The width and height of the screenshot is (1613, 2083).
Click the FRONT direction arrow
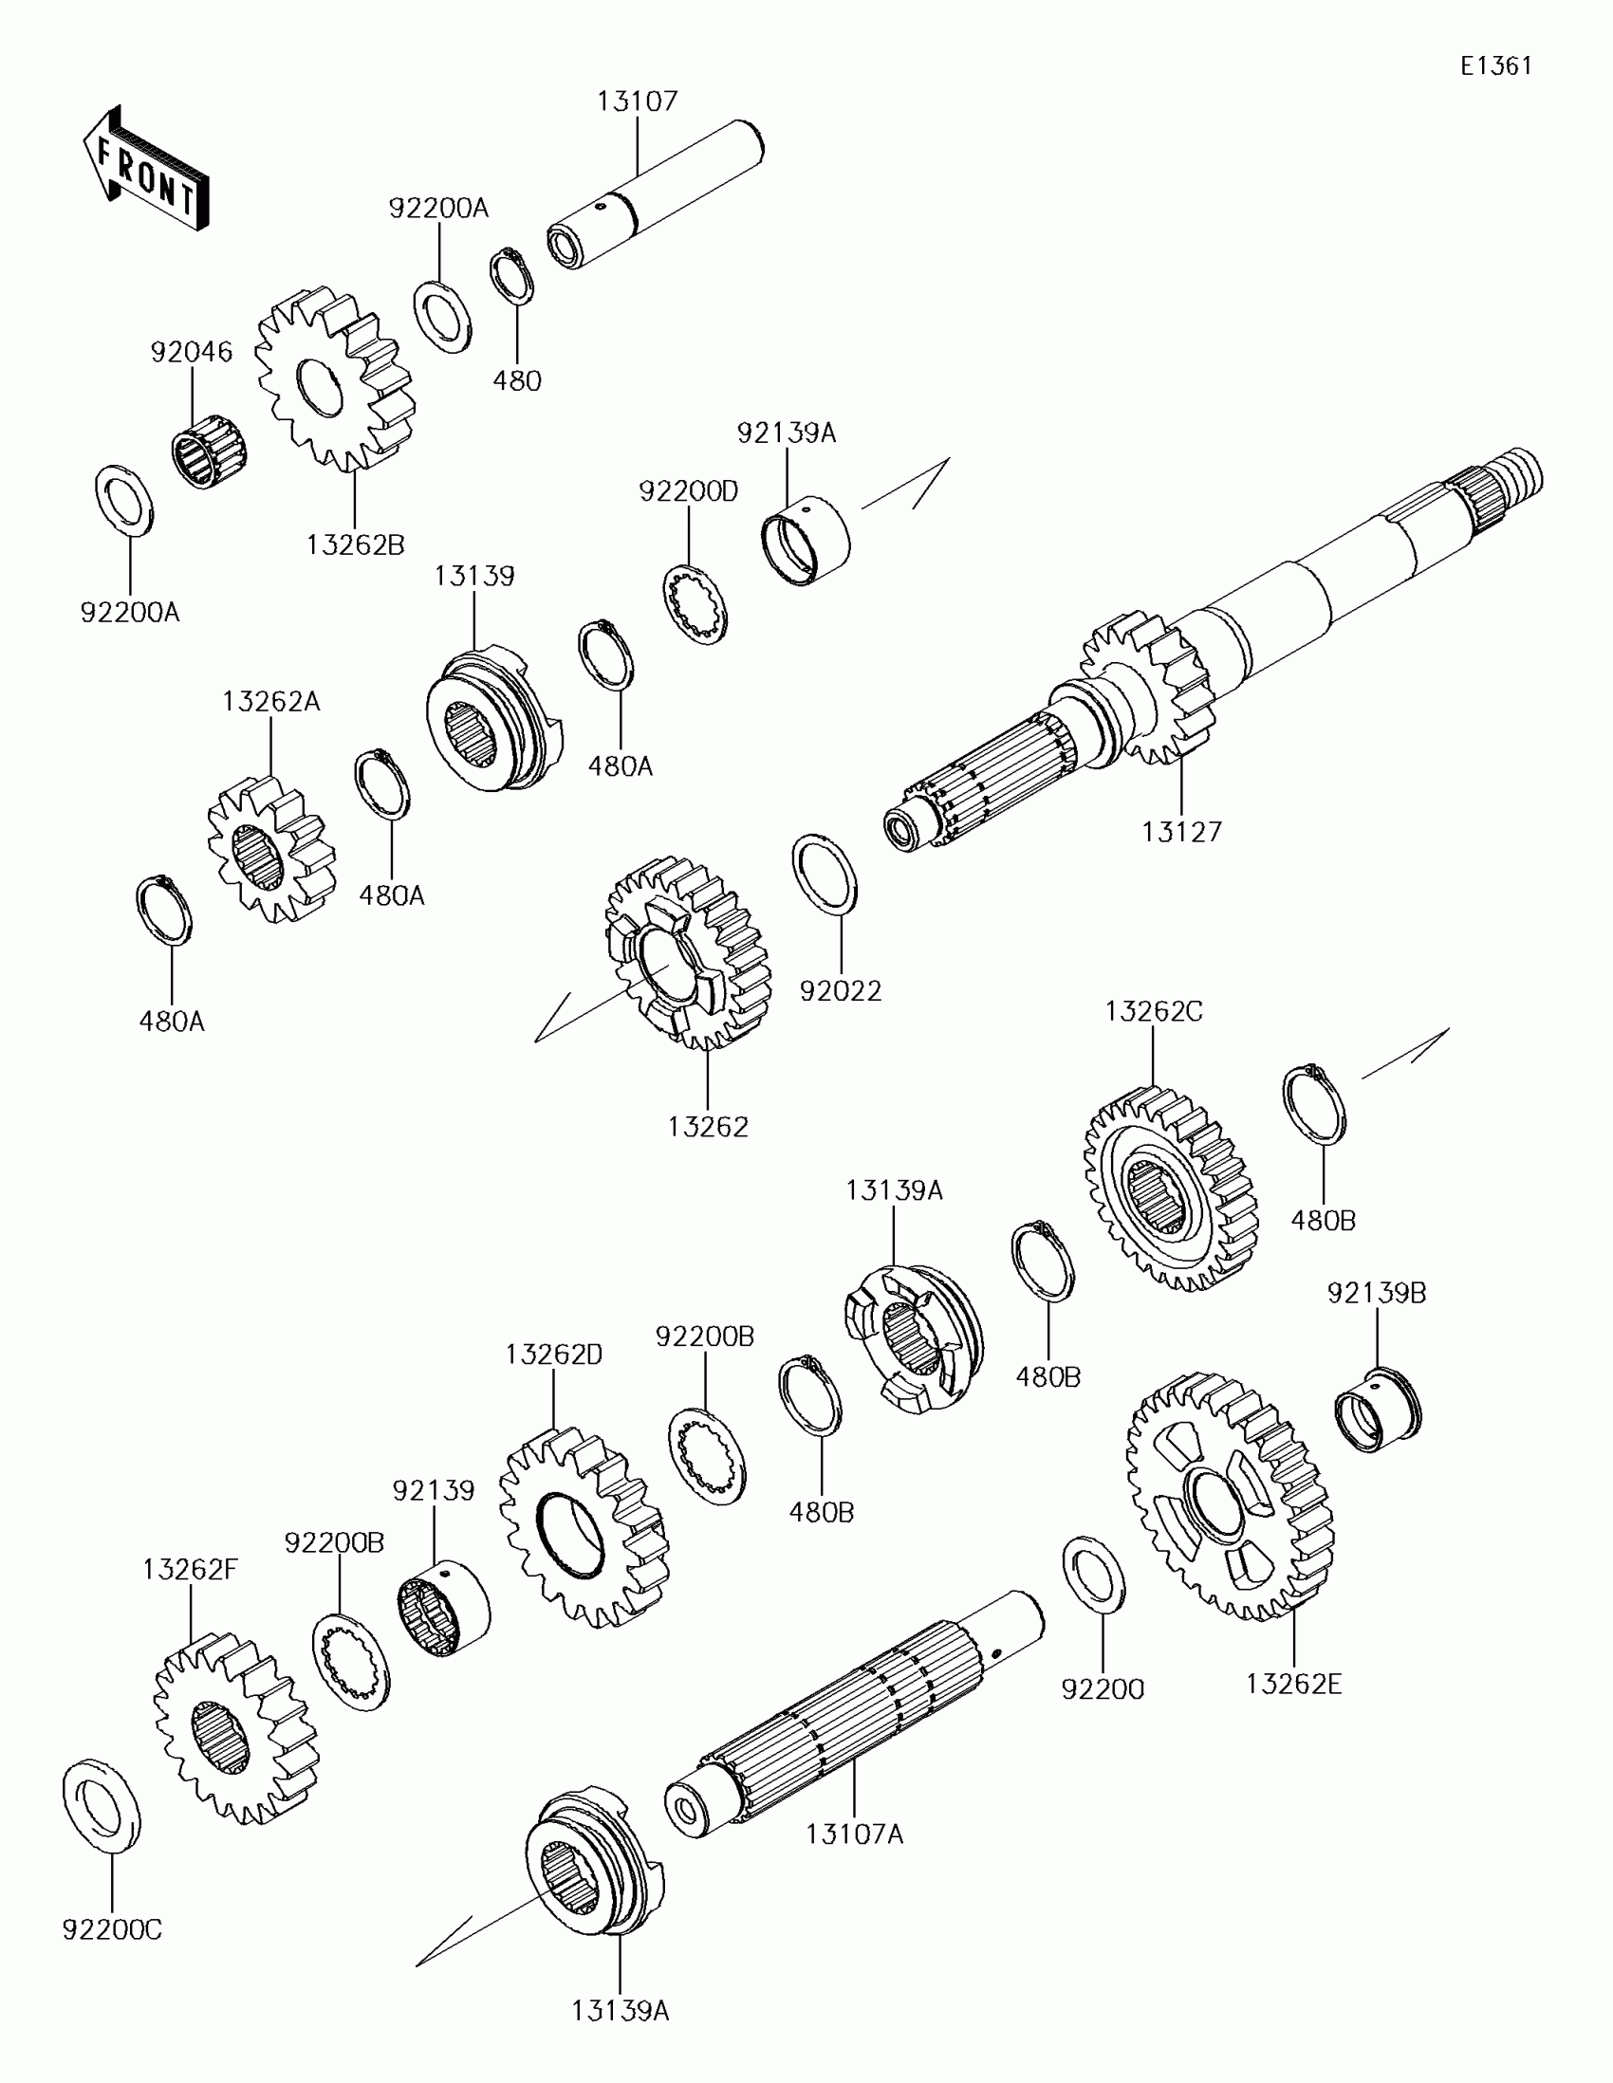pos(145,170)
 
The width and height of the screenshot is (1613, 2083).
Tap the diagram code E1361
pos(1495,65)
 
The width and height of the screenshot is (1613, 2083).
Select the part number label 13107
pos(638,101)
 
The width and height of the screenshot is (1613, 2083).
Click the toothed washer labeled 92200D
pos(695,604)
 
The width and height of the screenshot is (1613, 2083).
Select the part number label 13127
pos(1181,832)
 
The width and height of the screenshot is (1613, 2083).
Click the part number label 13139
pos(474,576)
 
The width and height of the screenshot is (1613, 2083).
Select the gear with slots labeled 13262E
pos(1231,1498)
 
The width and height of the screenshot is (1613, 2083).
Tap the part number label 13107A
pos(854,1834)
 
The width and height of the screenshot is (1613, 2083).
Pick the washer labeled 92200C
pos(102,1804)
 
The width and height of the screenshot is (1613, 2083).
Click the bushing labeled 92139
pos(442,1609)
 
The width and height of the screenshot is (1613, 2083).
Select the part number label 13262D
pos(553,1355)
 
